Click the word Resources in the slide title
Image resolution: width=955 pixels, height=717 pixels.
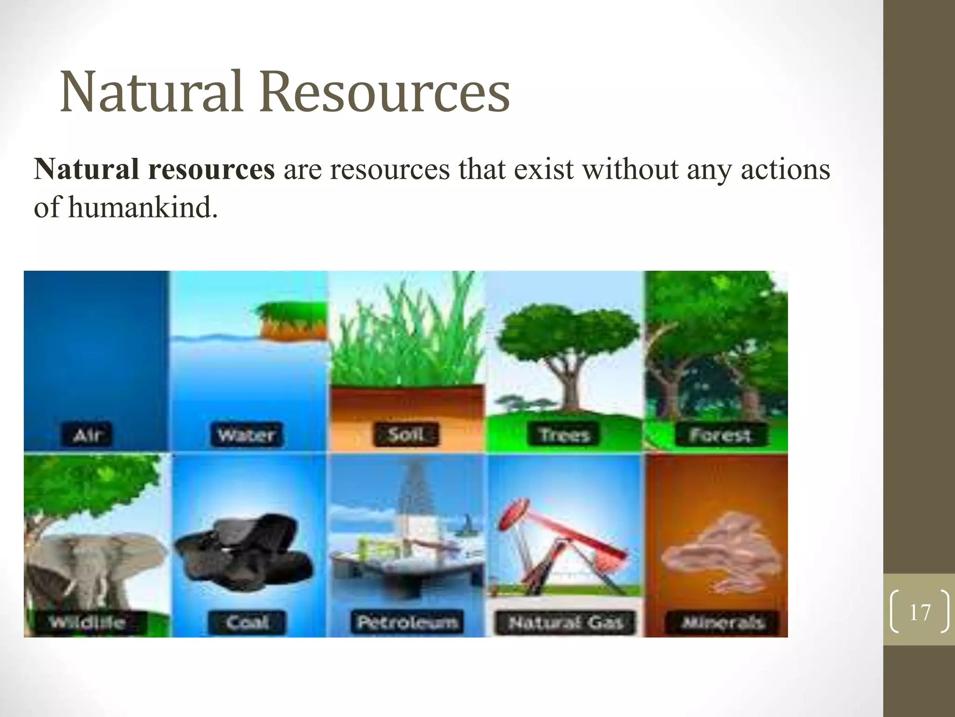(385, 92)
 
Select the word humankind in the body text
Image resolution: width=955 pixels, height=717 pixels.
(143, 207)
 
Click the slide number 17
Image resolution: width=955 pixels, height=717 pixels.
(920, 612)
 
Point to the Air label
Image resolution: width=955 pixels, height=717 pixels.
(87, 435)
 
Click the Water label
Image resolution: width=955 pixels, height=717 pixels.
(246, 435)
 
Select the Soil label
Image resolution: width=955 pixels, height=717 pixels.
(406, 435)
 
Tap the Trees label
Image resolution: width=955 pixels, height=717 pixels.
(565, 435)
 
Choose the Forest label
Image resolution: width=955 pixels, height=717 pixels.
(720, 435)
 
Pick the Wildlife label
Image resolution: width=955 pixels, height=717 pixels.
(88, 622)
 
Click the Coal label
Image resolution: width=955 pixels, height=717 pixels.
(247, 622)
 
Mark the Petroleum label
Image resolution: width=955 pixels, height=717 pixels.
(407, 622)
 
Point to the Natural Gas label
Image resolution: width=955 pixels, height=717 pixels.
(566, 622)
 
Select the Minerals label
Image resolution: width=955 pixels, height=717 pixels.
(723, 622)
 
